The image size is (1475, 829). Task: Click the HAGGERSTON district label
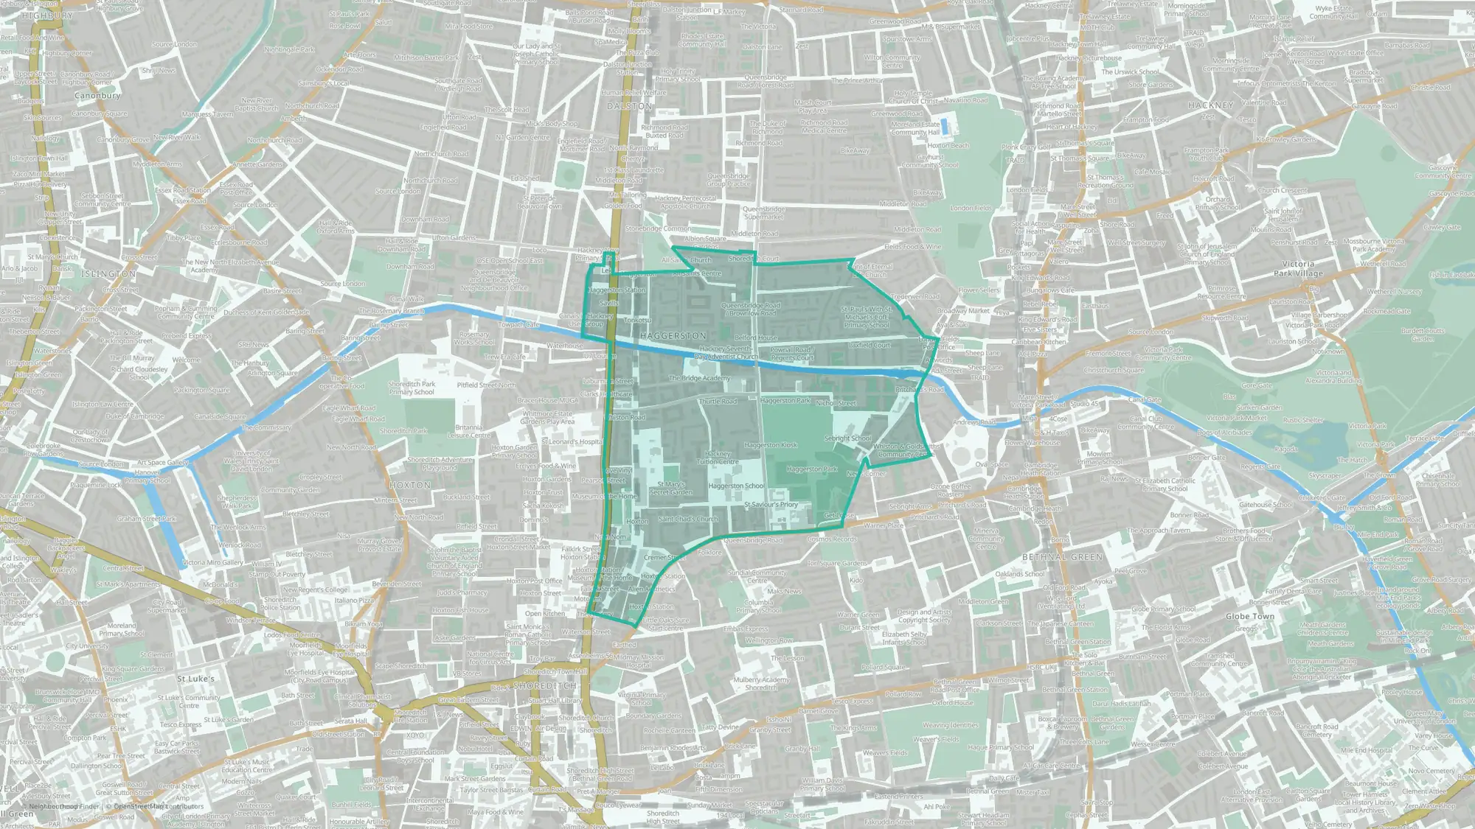(x=673, y=335)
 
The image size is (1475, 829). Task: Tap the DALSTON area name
(x=629, y=106)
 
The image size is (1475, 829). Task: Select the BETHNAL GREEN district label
(x=1063, y=557)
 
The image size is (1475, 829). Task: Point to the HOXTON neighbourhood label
(x=410, y=485)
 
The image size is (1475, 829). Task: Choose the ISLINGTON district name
(x=108, y=273)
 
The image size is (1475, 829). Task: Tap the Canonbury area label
(x=97, y=96)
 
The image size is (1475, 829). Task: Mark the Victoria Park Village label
(x=1298, y=268)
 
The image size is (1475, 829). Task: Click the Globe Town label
(x=1249, y=616)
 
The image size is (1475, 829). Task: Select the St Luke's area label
(x=195, y=678)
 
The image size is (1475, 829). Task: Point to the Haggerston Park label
(x=811, y=469)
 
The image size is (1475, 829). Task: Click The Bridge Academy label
(x=699, y=378)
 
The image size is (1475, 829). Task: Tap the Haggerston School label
(x=736, y=486)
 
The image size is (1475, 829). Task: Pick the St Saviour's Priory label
(x=771, y=505)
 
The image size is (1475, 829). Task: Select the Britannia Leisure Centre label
(x=468, y=431)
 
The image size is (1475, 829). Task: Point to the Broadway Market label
(x=962, y=311)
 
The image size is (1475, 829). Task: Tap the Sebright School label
(x=847, y=438)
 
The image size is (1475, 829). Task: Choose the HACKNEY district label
(x=1210, y=105)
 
